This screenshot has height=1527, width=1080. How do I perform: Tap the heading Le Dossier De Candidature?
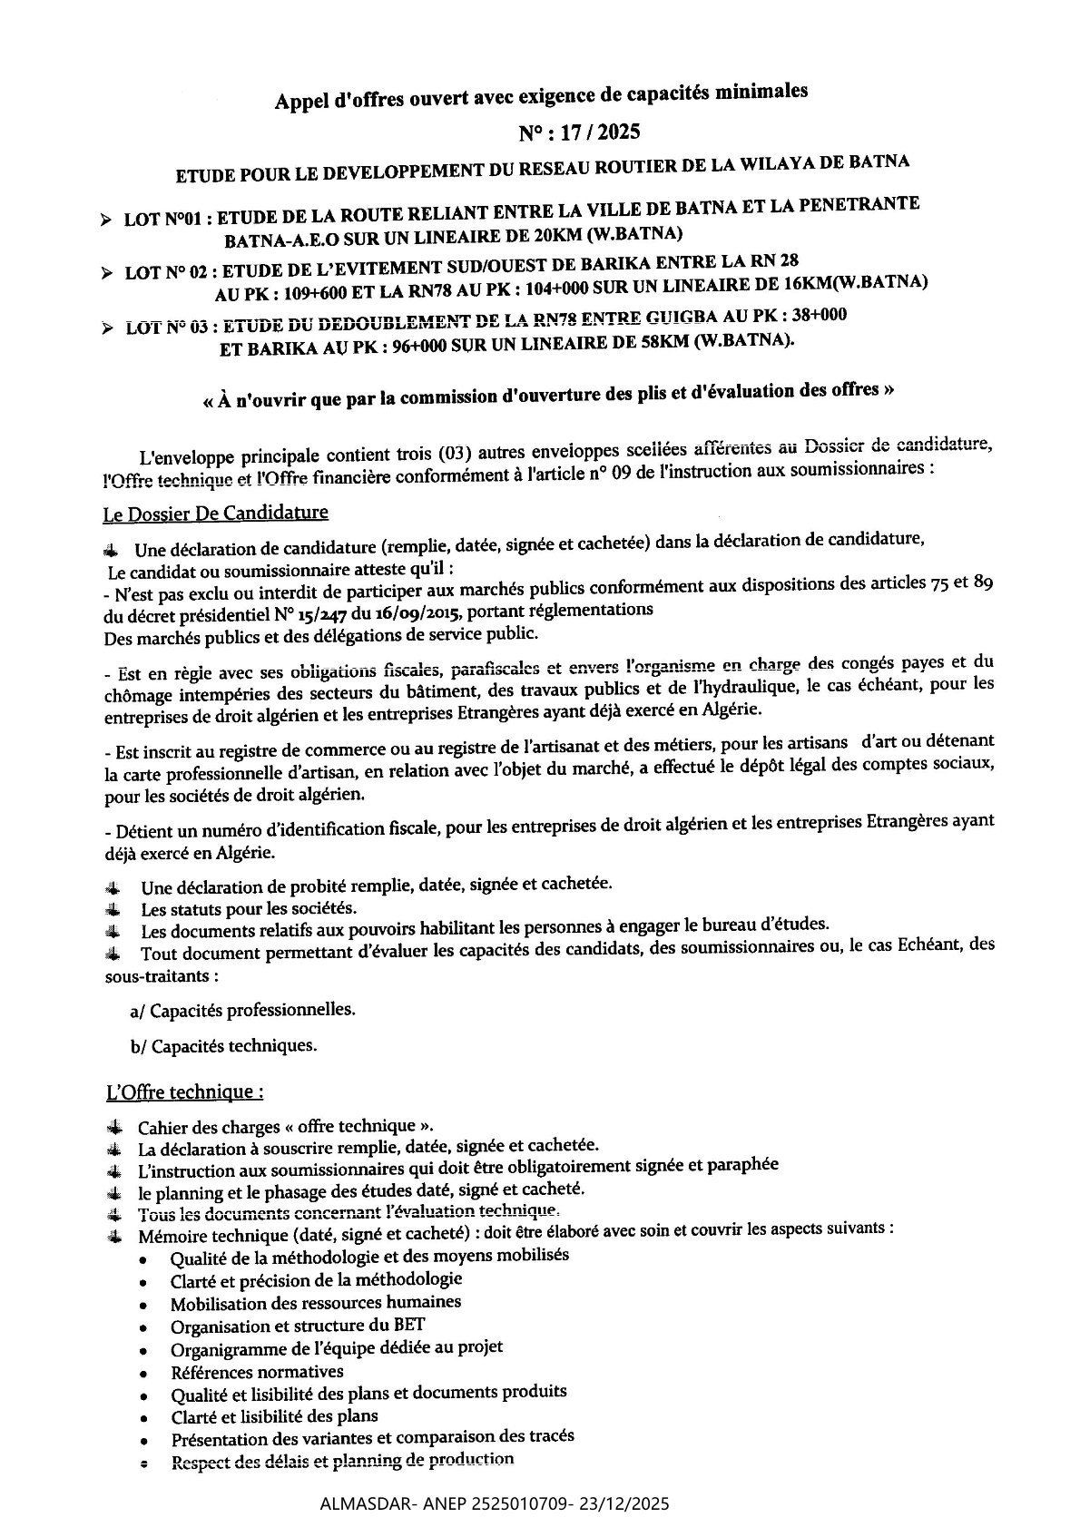pos(217,513)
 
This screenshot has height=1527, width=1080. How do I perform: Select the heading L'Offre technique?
pos(185,1091)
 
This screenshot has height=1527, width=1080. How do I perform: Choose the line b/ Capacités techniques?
pos(224,1045)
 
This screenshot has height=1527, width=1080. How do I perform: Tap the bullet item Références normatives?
pos(257,1372)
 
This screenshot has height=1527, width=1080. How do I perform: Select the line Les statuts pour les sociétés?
pos(249,908)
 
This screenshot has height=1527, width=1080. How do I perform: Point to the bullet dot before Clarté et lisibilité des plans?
pos(144,1419)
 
